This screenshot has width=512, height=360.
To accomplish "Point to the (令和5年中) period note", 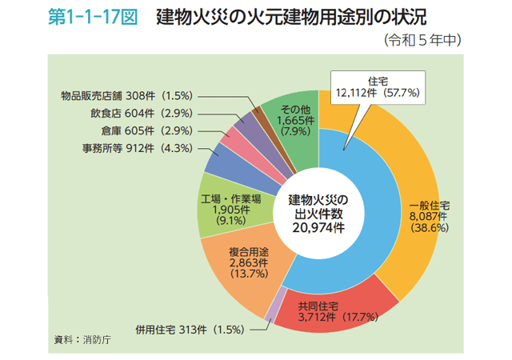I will (425, 39).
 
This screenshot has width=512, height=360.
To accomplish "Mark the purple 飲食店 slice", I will (249, 123).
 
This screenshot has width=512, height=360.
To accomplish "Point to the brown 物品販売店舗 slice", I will (258, 113).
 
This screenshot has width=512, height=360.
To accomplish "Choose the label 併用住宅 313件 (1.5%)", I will (193, 329).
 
